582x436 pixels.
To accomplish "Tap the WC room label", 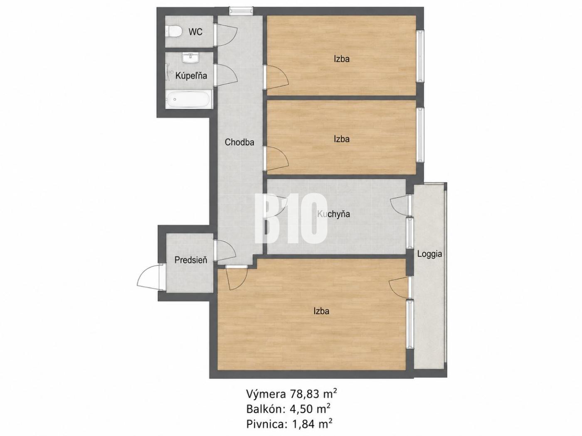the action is [x=195, y=32].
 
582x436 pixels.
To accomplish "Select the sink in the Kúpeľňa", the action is [x=190, y=58].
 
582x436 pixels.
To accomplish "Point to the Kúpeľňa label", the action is [x=191, y=76].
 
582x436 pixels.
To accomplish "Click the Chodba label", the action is [x=239, y=142].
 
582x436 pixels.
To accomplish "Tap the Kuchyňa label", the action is [x=333, y=214].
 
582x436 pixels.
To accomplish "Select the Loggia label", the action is [x=429, y=254].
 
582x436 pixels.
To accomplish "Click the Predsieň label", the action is [x=191, y=260].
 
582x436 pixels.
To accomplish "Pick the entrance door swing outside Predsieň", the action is [x=148, y=278].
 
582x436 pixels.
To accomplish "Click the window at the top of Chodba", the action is [x=241, y=11].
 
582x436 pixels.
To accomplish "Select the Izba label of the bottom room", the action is [x=321, y=311].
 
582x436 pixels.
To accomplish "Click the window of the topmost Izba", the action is [x=419, y=56].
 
